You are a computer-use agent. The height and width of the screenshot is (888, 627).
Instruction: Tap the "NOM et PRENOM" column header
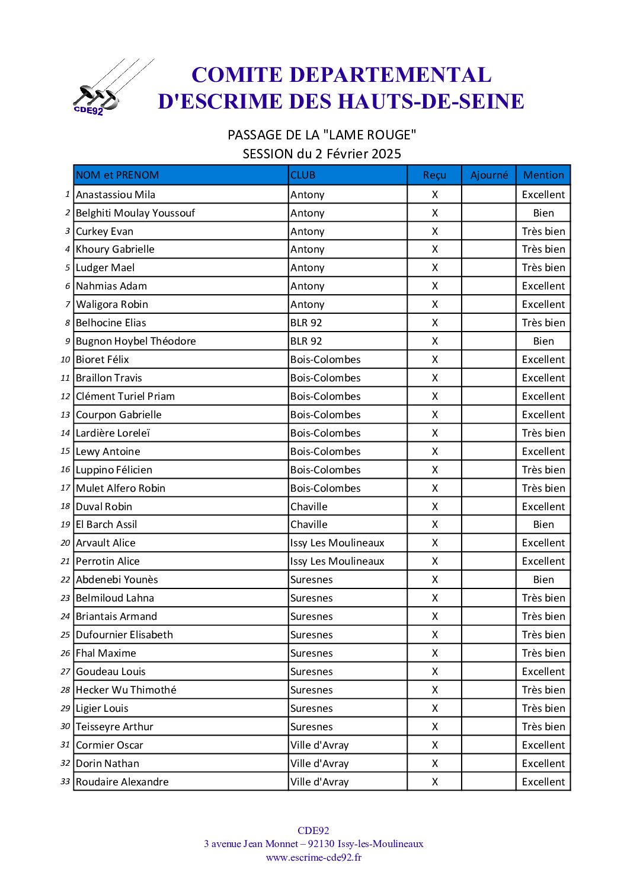117,175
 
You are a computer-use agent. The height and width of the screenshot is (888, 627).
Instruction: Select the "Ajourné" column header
489,175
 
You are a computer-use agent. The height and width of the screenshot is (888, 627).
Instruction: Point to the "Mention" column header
543,175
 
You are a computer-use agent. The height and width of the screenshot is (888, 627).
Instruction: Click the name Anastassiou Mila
116,195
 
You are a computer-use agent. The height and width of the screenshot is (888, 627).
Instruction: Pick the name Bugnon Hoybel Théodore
136,341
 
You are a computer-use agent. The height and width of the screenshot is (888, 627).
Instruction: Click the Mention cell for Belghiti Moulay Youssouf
543,213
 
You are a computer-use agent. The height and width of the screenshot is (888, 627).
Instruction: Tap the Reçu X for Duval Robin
435,507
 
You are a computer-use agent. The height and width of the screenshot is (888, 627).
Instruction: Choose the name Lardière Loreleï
113,433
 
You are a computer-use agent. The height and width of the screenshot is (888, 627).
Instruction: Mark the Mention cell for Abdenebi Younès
543,580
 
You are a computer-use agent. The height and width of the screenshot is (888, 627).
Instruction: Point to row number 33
65,781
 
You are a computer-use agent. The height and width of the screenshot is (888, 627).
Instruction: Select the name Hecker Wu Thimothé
126,690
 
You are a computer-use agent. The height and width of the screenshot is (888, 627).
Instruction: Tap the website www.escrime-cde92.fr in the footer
313,857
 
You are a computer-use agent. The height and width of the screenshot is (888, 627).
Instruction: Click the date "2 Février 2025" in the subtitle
358,154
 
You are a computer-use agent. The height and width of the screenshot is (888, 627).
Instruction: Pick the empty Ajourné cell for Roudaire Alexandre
489,782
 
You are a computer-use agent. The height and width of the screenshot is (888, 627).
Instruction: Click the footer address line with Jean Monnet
313,844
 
